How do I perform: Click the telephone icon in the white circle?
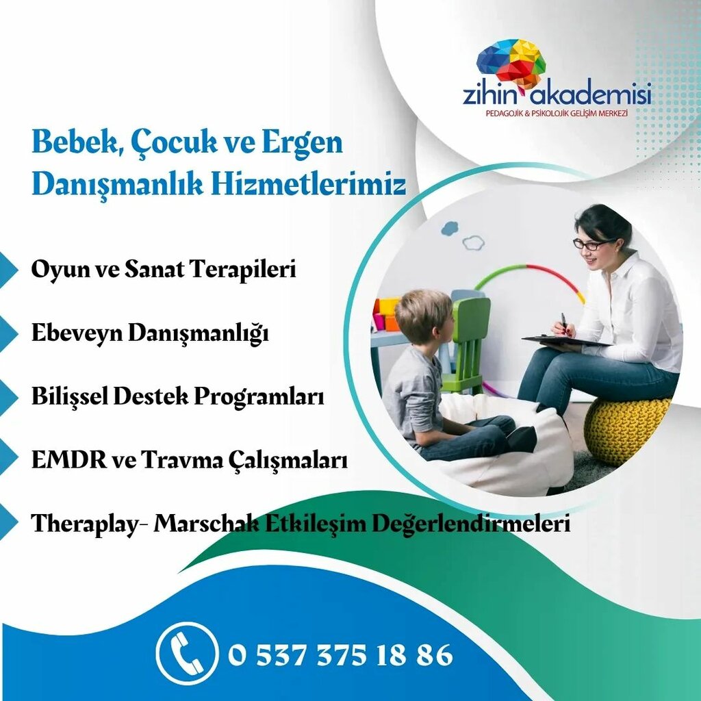pos(186,654)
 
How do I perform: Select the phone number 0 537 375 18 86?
pos(340,655)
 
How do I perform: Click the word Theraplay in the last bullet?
pos(87,524)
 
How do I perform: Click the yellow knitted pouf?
pos(625,430)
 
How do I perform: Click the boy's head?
pos(422,316)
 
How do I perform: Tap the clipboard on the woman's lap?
pos(564,340)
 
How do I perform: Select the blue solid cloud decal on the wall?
pos(450,228)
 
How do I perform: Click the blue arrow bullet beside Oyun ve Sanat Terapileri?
pos(8,270)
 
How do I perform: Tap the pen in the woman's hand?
pos(563,322)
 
